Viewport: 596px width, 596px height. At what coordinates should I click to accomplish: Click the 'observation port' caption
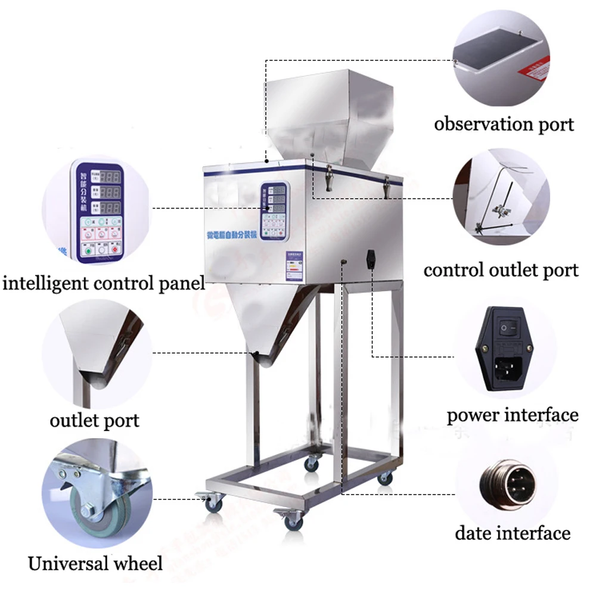[x=504, y=125]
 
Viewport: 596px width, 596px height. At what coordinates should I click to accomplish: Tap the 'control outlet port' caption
[x=501, y=270]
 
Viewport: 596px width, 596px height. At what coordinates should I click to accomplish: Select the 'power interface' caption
[x=513, y=415]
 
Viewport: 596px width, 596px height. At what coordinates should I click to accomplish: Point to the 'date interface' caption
[x=513, y=532]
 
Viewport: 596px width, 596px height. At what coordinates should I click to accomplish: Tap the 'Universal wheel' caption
[x=95, y=563]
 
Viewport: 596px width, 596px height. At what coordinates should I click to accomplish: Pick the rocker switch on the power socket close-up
[x=507, y=327]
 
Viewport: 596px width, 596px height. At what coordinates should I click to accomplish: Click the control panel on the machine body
[x=275, y=211]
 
